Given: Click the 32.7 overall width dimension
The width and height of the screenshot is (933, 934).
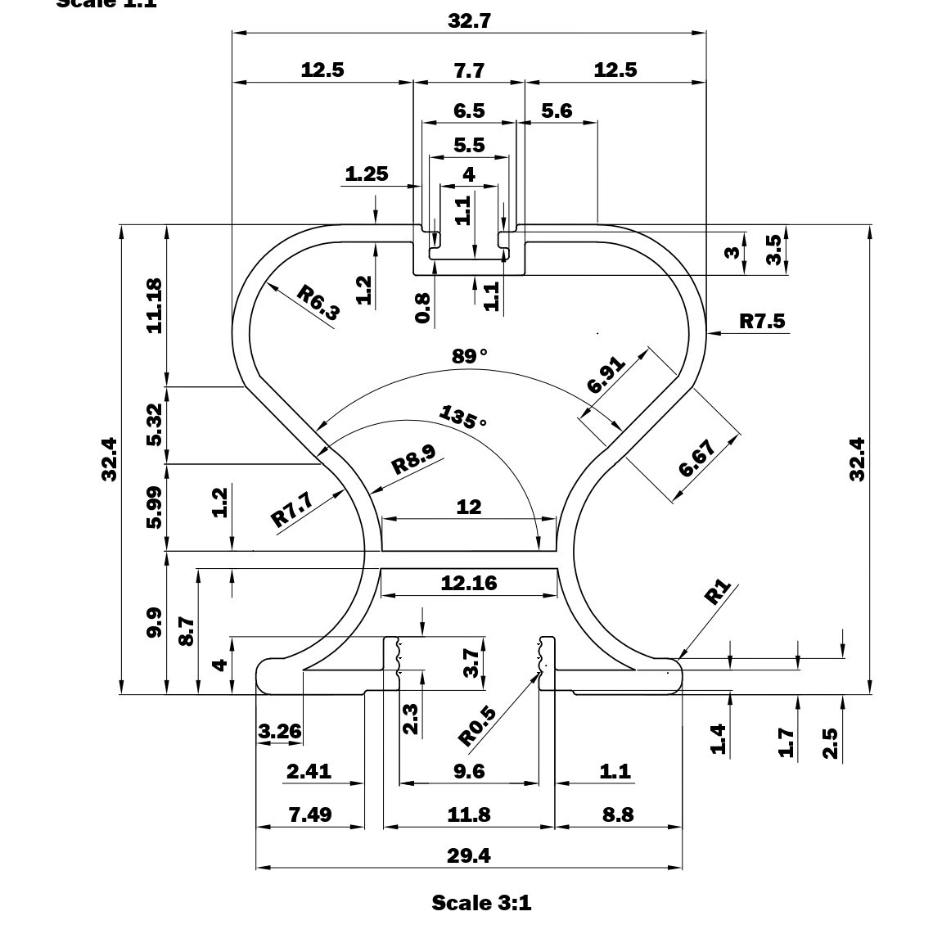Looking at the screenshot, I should click(x=469, y=21).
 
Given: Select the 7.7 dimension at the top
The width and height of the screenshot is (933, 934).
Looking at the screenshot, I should click(x=469, y=70).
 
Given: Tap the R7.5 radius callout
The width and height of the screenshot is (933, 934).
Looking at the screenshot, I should click(x=761, y=321).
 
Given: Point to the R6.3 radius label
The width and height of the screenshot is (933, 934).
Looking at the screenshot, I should click(x=318, y=302).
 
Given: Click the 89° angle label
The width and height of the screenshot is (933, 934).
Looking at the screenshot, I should click(x=469, y=356).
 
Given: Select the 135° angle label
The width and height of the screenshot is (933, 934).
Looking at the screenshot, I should click(x=462, y=417).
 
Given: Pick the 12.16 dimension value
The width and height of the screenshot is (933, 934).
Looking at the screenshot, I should click(x=469, y=583).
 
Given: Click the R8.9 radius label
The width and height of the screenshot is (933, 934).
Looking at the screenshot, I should click(x=413, y=459).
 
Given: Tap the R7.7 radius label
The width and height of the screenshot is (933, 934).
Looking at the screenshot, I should click(x=292, y=509).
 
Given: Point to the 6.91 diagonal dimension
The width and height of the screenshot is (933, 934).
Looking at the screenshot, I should click(x=606, y=374).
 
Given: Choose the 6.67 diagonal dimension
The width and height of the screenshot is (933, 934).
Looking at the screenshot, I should click(x=697, y=458).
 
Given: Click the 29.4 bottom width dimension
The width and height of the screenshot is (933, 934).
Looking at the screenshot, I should click(x=469, y=855).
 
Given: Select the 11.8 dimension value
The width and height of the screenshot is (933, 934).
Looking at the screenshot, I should click(x=469, y=814).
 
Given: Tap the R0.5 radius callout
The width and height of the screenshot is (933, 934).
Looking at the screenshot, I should click(x=477, y=727).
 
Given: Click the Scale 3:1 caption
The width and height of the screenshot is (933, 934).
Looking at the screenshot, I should click(x=481, y=903).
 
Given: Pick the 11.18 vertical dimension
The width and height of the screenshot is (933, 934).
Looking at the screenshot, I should click(x=153, y=305).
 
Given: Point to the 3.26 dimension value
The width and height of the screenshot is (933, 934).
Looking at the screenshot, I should click(x=280, y=731).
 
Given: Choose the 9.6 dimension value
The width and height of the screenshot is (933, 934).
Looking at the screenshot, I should click(x=469, y=771).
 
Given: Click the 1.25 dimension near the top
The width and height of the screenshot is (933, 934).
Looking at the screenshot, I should click(x=366, y=174).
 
